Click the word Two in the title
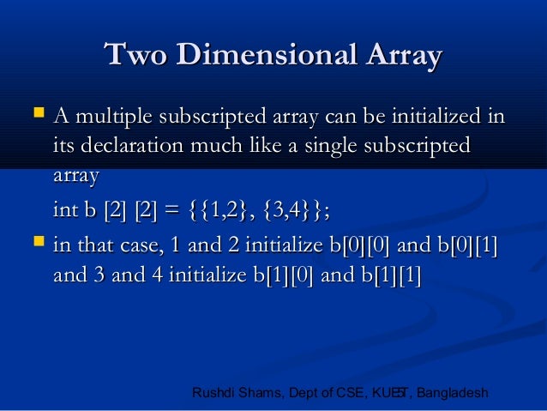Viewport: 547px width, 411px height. tap(134, 57)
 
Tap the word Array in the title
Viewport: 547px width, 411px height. tap(401, 57)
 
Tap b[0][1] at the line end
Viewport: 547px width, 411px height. tap(468, 248)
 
